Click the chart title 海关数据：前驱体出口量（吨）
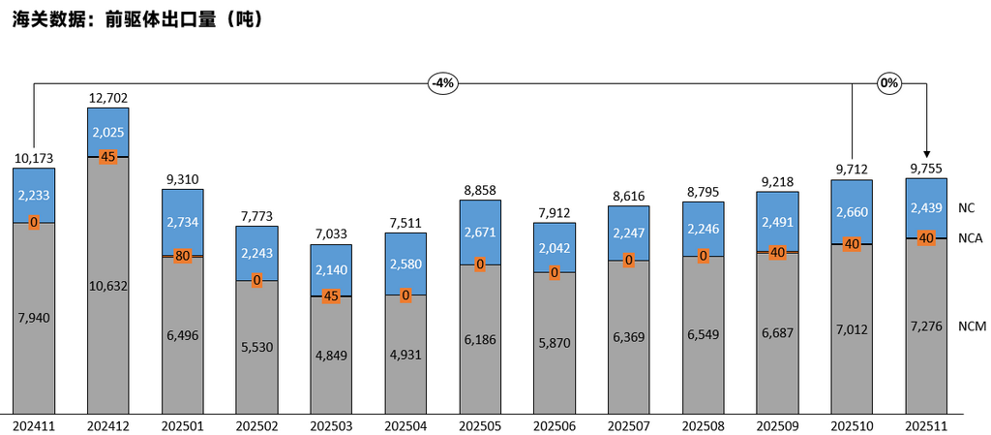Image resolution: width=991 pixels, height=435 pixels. coord(136,18)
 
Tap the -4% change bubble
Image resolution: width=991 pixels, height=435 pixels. coord(441,83)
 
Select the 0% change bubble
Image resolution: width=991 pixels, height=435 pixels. coord(888,83)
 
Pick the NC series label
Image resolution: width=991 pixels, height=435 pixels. coord(966,207)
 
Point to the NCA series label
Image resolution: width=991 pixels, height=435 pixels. coord(970,238)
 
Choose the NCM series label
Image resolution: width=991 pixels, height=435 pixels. coord(971,326)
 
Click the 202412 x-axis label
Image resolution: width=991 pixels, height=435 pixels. coord(107,425)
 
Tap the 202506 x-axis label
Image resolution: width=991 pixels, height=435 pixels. coord(554,425)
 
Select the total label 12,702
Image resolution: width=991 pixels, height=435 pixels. coord(107,98)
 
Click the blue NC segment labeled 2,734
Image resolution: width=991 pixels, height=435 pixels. coord(182,222)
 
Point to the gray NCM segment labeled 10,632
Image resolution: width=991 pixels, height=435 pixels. coord(107,285)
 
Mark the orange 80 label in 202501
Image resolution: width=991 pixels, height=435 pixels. coord(182,257)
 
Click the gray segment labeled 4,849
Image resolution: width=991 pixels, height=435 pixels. coord(331,355)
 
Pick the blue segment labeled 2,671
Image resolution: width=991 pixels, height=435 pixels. coord(480,233)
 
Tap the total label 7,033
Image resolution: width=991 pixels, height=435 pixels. coord(331,233)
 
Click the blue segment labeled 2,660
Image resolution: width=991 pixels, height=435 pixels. coord(852,212)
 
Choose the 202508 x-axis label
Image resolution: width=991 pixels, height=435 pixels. coord(703,425)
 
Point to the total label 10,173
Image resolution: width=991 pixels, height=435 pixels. coord(33,157)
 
